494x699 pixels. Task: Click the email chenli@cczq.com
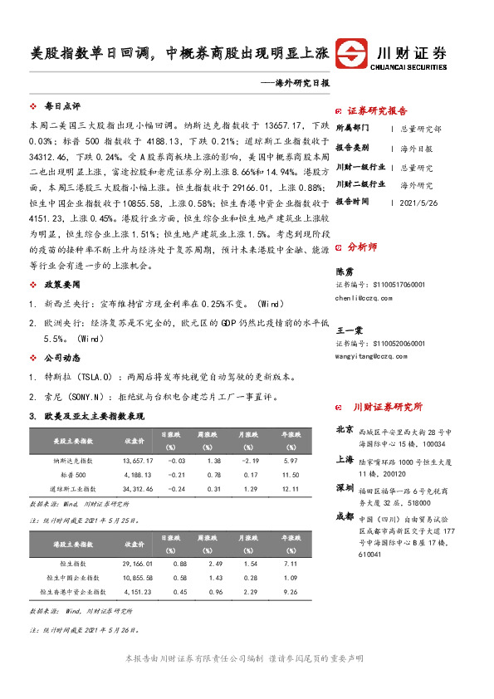click(x=368, y=296)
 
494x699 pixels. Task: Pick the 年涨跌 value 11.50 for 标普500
click(x=291, y=474)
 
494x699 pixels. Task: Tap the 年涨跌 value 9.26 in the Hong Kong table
click(x=291, y=591)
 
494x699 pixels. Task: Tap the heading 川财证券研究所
click(x=388, y=408)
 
